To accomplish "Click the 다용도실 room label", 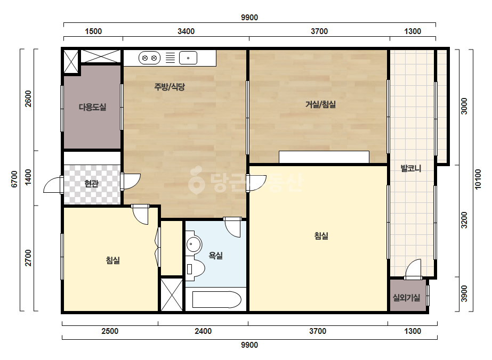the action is [92, 107].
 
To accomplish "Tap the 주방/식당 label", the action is [170, 87].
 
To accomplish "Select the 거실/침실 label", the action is [321, 104].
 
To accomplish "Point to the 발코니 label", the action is [411, 168].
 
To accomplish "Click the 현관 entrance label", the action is [91, 183].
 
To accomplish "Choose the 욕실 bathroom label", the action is [215, 256].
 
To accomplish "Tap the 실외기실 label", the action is [406, 298].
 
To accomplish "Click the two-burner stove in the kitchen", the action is [149, 58].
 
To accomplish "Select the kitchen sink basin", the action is [188, 58].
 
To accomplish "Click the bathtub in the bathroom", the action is [216, 299].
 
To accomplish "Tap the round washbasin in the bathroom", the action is [193, 244].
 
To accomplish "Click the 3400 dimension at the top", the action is [186, 31].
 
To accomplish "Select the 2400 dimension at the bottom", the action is [203, 331].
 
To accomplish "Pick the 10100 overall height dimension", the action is [478, 179].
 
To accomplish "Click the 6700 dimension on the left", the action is [14, 179].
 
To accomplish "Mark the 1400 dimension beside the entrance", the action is [28, 177].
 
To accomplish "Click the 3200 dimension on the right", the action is [464, 220].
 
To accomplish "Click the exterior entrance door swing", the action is [53, 184].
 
